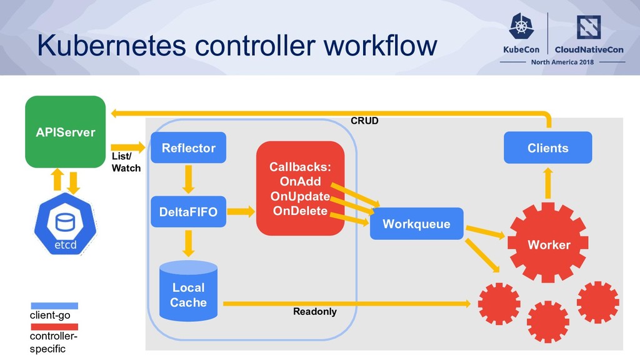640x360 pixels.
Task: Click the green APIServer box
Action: pos(65,132)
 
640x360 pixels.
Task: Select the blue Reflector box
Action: pos(188,147)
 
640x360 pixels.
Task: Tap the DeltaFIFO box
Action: pos(188,212)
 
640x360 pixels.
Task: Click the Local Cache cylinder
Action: pos(188,291)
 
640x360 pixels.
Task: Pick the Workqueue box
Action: pos(417,224)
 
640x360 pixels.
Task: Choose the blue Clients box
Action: pos(547,147)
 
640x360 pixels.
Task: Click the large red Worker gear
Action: pos(547,243)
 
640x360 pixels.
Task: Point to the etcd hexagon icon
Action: pos(65,224)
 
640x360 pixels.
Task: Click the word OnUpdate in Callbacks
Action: pos(300,196)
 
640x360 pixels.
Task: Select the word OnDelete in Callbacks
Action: pos(300,211)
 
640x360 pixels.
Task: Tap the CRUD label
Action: pos(364,121)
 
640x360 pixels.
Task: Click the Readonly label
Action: pos(315,312)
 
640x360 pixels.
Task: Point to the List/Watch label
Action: pos(126,162)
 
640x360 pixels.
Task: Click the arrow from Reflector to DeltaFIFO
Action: pos(188,179)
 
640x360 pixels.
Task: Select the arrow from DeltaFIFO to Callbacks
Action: pos(241,211)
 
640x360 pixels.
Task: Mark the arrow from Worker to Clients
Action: pos(547,183)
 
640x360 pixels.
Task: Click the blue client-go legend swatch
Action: pos(54,306)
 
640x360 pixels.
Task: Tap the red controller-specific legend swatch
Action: pos(54,327)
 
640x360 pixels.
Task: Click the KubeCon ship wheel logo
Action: pos(521,26)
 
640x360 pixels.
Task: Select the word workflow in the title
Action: pos(381,45)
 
